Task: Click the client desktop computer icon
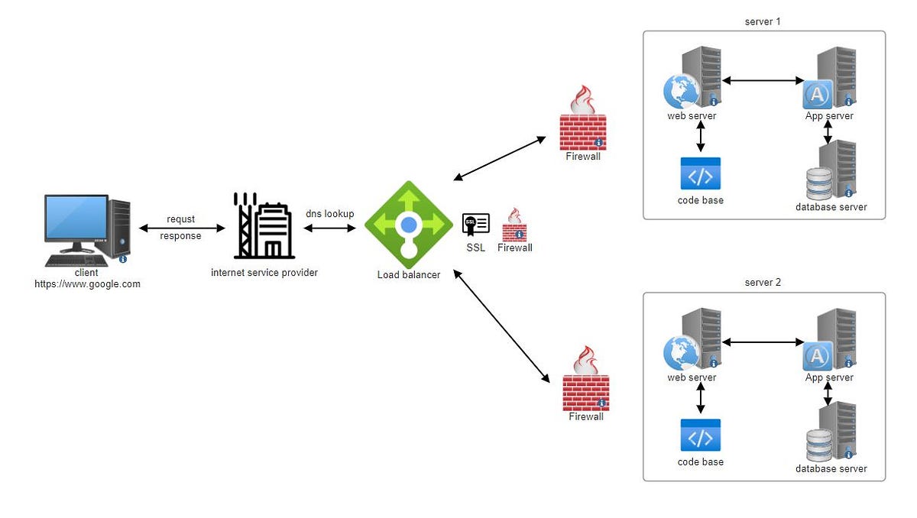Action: (x=86, y=229)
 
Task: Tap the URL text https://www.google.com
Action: (x=87, y=284)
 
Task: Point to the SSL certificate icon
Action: (x=475, y=225)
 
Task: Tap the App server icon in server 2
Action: (x=829, y=339)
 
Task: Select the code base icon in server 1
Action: (x=700, y=174)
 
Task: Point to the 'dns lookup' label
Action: (x=329, y=214)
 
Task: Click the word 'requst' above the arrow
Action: (x=180, y=219)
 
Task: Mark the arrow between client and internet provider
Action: (x=182, y=228)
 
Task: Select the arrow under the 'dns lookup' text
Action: (x=330, y=228)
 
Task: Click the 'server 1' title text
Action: (x=763, y=21)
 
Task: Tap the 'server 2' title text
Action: (x=763, y=283)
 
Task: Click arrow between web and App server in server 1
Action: (x=763, y=80)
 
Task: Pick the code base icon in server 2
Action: (x=700, y=435)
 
